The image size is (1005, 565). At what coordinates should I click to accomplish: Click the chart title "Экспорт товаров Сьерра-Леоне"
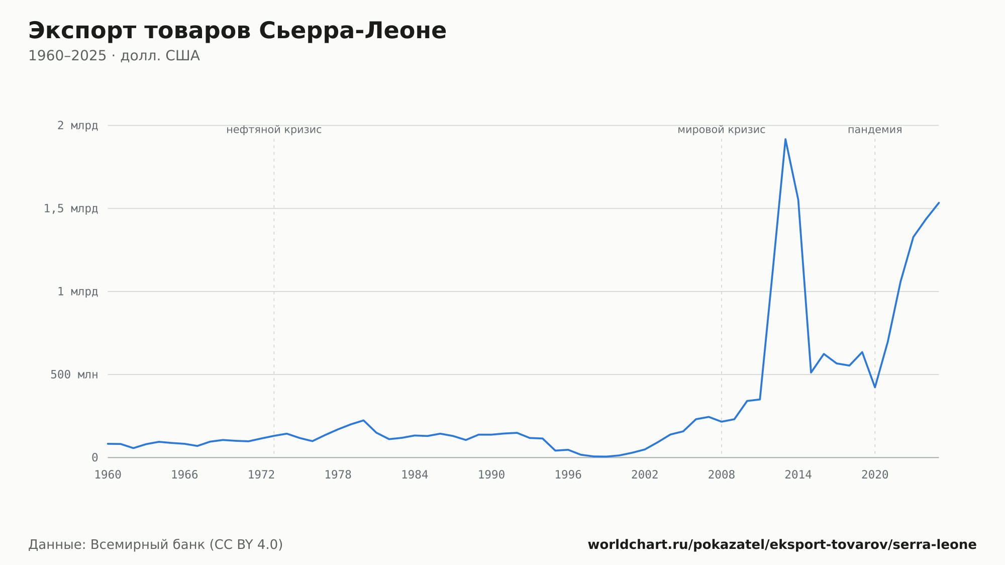(x=237, y=31)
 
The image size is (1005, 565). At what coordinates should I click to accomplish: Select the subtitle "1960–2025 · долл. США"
(x=114, y=56)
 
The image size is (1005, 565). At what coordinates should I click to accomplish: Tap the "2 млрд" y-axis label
(x=77, y=126)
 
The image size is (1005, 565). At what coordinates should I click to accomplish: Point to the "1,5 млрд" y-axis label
(x=71, y=209)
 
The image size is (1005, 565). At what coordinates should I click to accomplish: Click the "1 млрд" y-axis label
(x=77, y=292)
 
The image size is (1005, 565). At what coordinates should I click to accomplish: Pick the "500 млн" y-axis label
(x=74, y=374)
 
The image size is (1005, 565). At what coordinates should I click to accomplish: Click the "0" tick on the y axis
(x=94, y=458)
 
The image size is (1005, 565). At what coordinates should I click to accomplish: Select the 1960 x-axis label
(x=108, y=475)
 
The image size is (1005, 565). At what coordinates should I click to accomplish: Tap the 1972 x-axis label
(x=261, y=475)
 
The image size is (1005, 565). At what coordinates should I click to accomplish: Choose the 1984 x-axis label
(x=415, y=475)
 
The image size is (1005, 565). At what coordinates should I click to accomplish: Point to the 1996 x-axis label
(x=568, y=475)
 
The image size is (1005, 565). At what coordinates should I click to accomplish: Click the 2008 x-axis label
(x=722, y=475)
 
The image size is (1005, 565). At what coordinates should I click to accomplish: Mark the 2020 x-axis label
(x=875, y=475)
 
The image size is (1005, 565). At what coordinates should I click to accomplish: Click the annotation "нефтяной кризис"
(x=274, y=130)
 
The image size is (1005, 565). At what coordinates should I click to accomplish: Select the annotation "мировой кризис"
(x=722, y=130)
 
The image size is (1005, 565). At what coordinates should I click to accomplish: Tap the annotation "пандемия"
(x=875, y=130)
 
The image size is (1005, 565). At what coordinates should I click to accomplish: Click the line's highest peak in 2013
(x=785, y=139)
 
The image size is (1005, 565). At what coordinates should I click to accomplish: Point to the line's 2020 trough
(x=875, y=387)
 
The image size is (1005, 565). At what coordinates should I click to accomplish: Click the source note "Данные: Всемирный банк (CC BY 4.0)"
(x=156, y=545)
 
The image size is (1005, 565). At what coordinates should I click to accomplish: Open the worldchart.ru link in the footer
(x=782, y=545)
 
